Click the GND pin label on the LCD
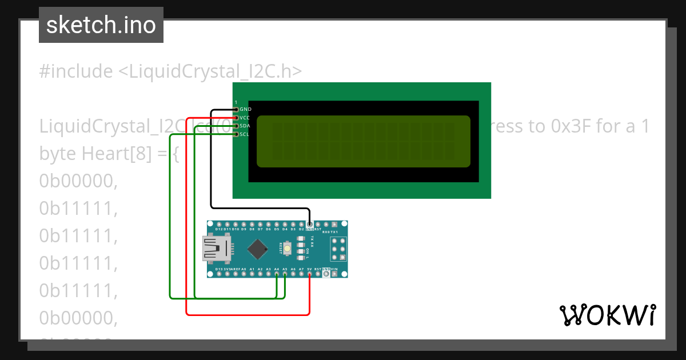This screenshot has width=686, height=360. tap(245, 109)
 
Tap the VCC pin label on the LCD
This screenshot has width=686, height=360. tap(245, 118)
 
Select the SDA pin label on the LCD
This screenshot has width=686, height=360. tap(245, 126)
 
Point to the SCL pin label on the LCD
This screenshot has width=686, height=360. tap(245, 134)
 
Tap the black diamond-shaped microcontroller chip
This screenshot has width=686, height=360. tap(258, 249)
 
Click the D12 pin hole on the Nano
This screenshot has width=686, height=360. tap(219, 224)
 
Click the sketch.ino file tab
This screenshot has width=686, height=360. tap(101, 25)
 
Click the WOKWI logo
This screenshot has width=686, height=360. tap(607, 315)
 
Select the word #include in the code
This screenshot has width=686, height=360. tap(76, 71)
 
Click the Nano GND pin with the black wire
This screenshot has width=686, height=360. tap(309, 224)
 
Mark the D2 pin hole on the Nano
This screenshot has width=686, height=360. tap(301, 224)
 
